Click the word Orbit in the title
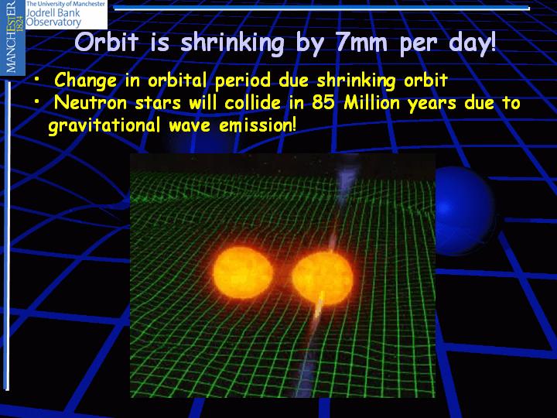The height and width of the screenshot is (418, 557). [x=106, y=43]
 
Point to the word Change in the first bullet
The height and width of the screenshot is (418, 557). [x=86, y=81]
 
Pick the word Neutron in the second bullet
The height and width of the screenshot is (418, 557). [x=91, y=103]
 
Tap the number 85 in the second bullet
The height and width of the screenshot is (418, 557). [x=323, y=103]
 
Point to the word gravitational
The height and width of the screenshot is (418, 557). [x=104, y=126]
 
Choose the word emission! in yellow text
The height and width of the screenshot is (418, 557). [x=258, y=125]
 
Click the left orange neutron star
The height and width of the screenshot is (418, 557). [x=244, y=272]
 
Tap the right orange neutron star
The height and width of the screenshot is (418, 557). [x=323, y=279]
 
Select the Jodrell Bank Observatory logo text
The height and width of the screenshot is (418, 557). [x=66, y=14]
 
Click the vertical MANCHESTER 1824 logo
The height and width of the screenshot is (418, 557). [x=12, y=37]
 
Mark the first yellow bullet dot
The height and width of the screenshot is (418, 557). [x=36, y=81]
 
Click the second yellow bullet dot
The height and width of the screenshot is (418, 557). [x=36, y=102]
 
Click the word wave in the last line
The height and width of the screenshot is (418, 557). [x=190, y=126]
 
